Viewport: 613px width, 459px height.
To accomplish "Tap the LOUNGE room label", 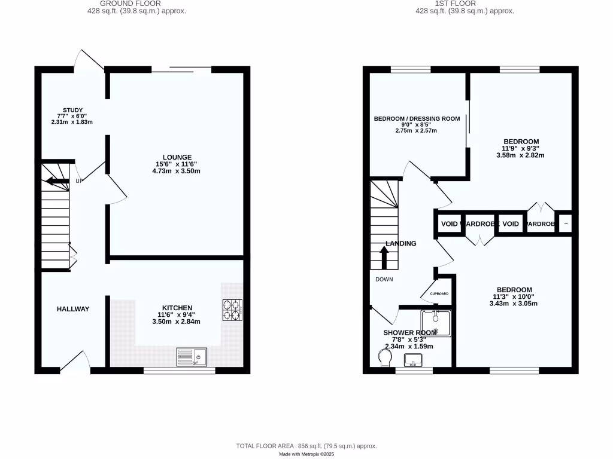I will point(177,157).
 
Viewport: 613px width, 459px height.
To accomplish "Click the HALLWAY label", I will point(73,309).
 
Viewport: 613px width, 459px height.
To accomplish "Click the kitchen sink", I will point(192,357).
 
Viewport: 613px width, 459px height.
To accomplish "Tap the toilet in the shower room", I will point(385,357).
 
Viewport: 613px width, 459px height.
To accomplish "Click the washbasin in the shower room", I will point(414,360).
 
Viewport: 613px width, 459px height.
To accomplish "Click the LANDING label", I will point(401,243).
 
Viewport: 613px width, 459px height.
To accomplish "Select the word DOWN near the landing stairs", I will point(384,279).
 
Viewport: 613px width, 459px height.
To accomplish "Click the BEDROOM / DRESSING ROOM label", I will point(417,119).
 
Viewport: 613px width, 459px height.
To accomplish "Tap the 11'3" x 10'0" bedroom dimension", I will point(514,296).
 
